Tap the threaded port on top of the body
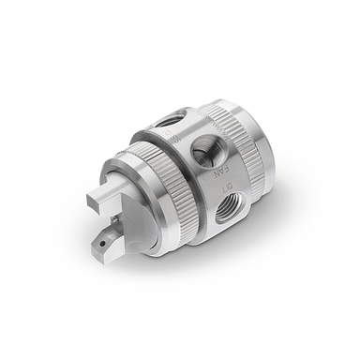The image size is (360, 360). [x=169, y=119]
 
